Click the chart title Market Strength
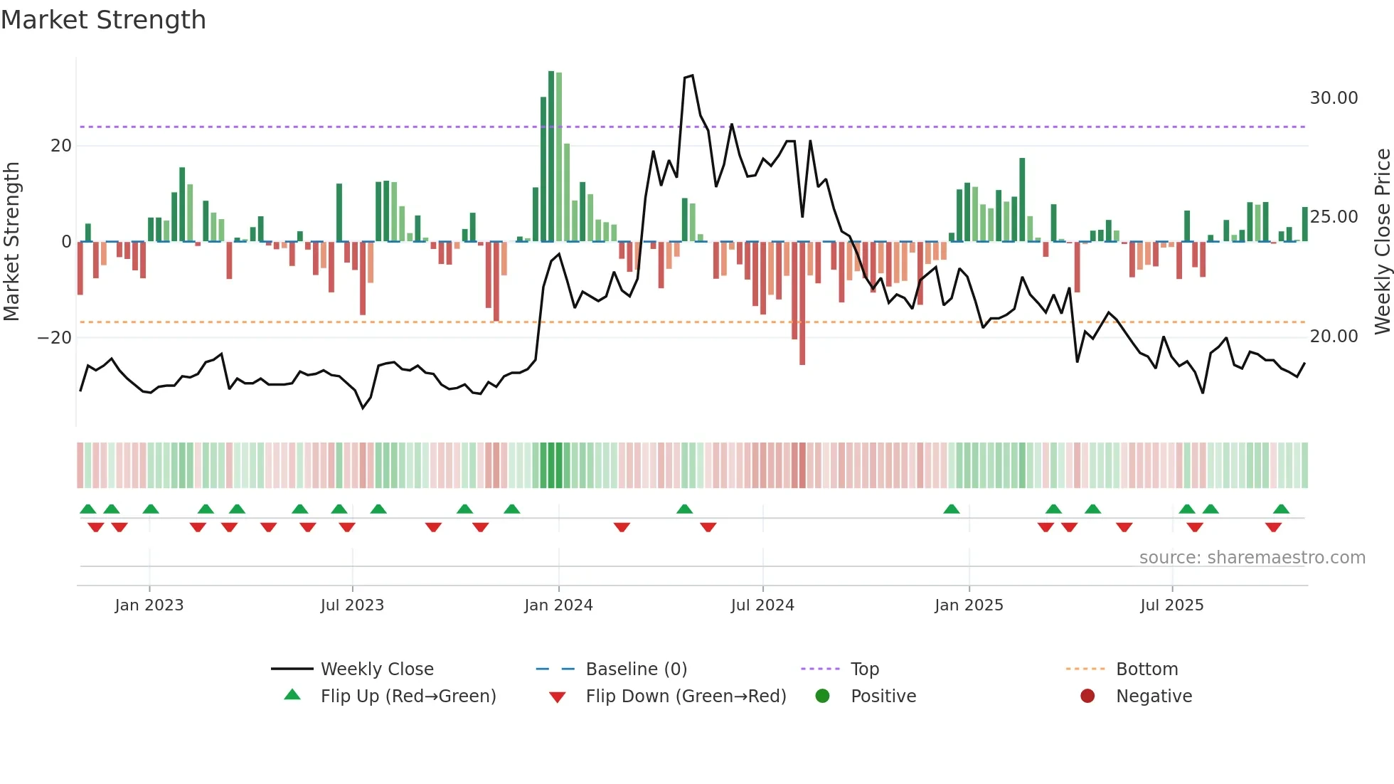coord(103,20)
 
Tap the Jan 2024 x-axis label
coord(558,605)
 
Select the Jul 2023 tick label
coord(352,605)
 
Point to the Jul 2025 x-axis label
coord(1171,605)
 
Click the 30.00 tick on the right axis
coord(1334,98)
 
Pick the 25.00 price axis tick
coord(1334,217)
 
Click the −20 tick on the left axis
coord(55,337)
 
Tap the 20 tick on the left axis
coord(61,146)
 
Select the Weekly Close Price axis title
coord(1382,242)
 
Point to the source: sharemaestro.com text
coord(1252,558)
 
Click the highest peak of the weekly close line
coord(692,75)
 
